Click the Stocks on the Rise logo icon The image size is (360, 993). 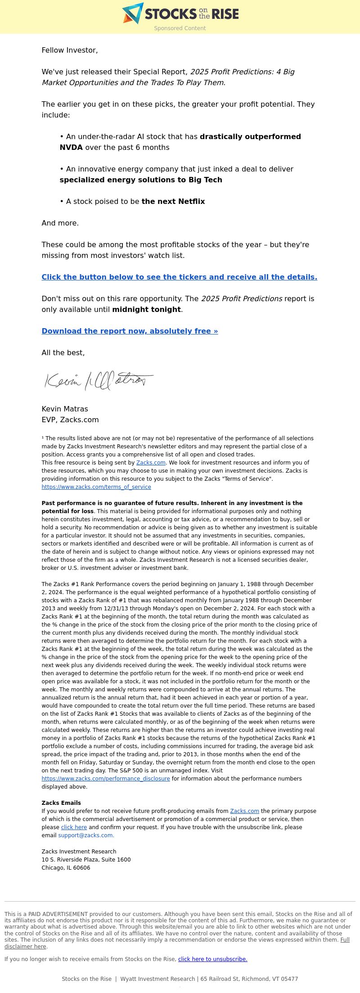[133, 13]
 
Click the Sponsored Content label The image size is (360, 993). [180, 28]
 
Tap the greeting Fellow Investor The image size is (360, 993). [70, 50]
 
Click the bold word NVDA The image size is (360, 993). [71, 147]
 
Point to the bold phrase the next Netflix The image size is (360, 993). [173, 201]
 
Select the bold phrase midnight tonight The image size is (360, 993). [146, 309]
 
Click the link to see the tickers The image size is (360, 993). [179, 277]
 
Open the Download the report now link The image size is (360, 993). [130, 331]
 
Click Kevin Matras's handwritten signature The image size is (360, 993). [99, 380]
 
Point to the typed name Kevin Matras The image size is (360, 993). [65, 409]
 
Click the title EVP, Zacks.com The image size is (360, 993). [70, 420]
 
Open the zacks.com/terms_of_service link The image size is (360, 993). [96, 487]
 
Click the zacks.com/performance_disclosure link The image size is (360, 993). [106, 779]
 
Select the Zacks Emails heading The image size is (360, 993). [61, 803]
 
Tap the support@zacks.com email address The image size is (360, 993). [86, 835]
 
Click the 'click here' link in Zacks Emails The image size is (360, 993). [74, 827]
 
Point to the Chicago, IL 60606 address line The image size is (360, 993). [66, 868]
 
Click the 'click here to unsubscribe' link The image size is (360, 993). [212, 959]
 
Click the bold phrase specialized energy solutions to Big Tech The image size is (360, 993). [141, 180]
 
